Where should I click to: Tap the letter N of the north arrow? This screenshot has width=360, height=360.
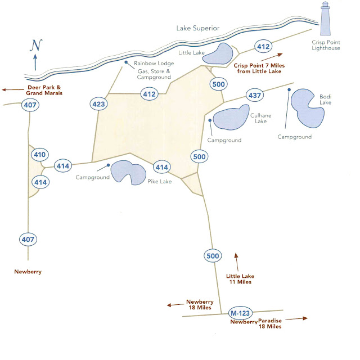click(x=36, y=45)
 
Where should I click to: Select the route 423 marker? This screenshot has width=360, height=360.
click(x=98, y=103)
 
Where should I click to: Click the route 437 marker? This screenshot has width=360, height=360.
click(x=255, y=95)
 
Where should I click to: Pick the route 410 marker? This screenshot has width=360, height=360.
click(x=39, y=154)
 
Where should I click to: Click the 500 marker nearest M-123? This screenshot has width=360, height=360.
click(x=212, y=256)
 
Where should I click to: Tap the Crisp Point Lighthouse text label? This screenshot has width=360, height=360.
click(x=327, y=45)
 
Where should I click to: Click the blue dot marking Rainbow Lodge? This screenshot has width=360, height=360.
click(x=127, y=62)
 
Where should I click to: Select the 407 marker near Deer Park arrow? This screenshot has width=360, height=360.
click(x=29, y=104)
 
